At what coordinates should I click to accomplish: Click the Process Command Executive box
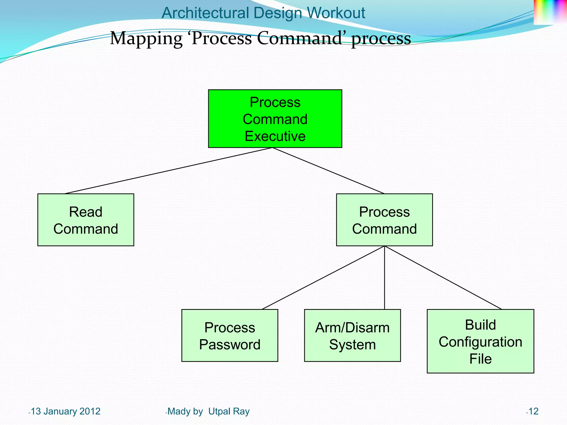(x=275, y=118)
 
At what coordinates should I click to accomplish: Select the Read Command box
(x=86, y=220)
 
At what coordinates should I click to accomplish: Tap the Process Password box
(x=230, y=335)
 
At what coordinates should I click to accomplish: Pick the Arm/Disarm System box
(x=352, y=335)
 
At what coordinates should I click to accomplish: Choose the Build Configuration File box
(x=480, y=341)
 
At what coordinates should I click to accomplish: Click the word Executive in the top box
(x=275, y=136)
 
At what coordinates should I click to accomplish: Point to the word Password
(x=230, y=345)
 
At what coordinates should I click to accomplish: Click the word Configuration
(x=480, y=342)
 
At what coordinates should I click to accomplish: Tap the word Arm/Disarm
(x=352, y=328)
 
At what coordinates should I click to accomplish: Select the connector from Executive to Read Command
(x=168, y=171)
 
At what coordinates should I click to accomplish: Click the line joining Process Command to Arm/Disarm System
(x=385, y=278)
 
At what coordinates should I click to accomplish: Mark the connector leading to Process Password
(x=323, y=278)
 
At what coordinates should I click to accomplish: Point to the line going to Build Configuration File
(x=443, y=278)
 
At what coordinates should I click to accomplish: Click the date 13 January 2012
(x=65, y=411)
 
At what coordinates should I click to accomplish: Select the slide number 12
(x=533, y=411)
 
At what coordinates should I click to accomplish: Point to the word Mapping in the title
(x=146, y=38)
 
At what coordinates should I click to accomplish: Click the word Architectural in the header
(x=205, y=13)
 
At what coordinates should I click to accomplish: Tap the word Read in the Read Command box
(x=86, y=212)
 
